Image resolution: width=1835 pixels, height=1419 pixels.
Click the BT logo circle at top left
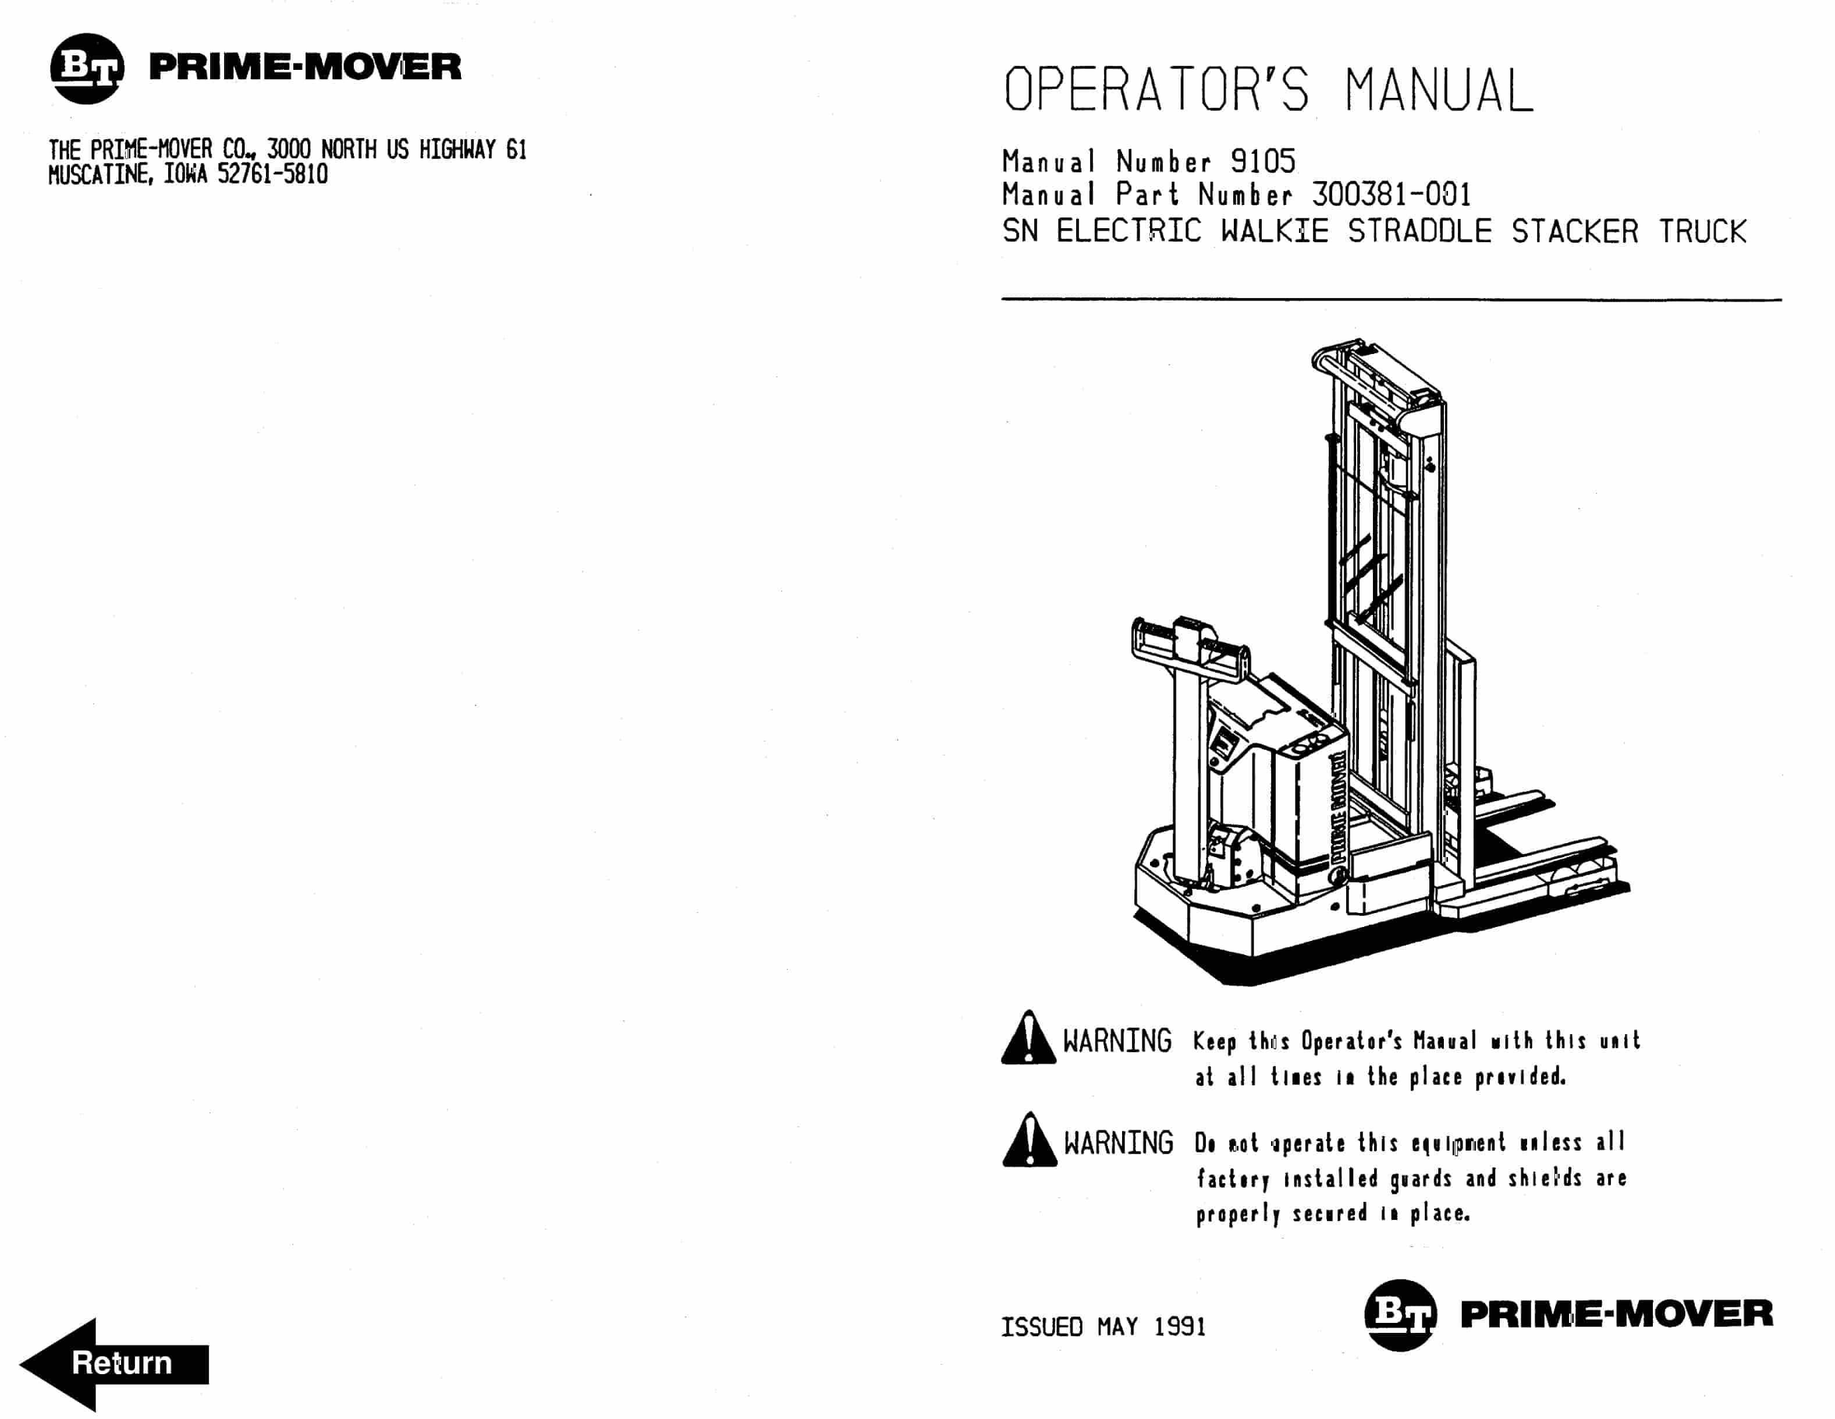tap(87, 68)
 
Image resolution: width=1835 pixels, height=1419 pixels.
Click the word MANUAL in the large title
tap(1439, 91)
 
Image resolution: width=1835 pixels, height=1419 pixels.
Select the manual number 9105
tap(1263, 161)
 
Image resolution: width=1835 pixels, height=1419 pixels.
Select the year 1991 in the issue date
tap(1180, 1326)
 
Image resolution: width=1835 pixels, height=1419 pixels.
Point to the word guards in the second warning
tap(1420, 1179)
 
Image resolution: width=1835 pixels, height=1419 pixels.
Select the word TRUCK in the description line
tap(1702, 231)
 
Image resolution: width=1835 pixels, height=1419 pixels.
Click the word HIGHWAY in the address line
tap(457, 150)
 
